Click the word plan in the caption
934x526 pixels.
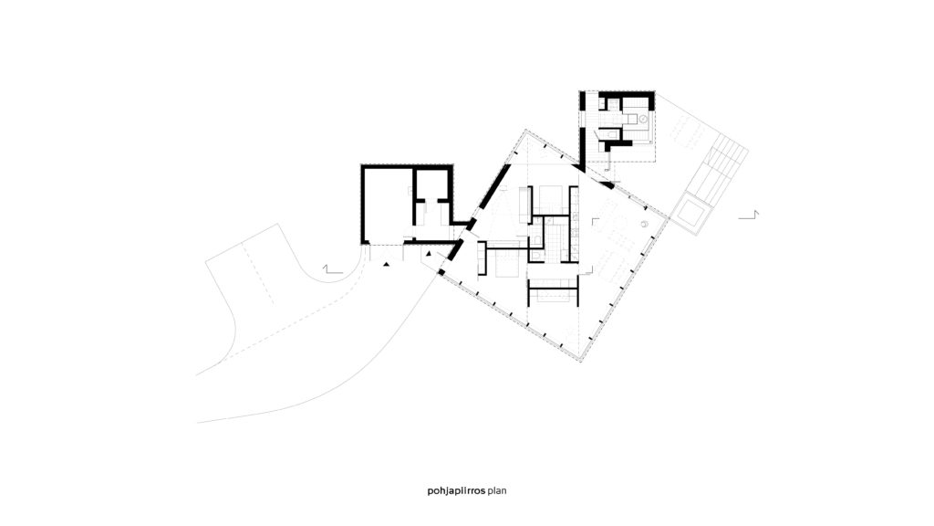tap(496, 490)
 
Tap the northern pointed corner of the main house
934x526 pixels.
tap(523, 131)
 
